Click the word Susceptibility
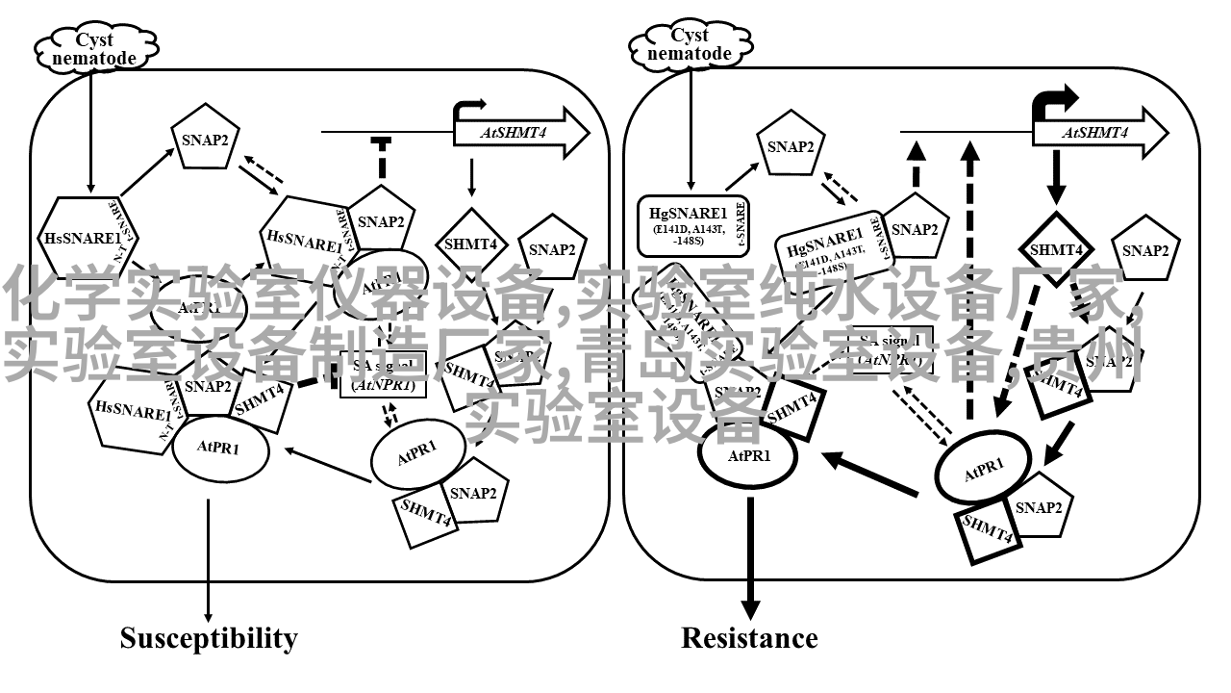click(209, 638)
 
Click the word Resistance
click(749, 638)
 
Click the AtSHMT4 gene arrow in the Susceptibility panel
click(520, 133)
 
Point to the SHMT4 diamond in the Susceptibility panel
click(470, 244)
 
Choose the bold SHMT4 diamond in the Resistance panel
click(1056, 248)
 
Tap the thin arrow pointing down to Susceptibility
click(208, 558)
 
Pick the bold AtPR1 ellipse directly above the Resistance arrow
click(748, 455)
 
